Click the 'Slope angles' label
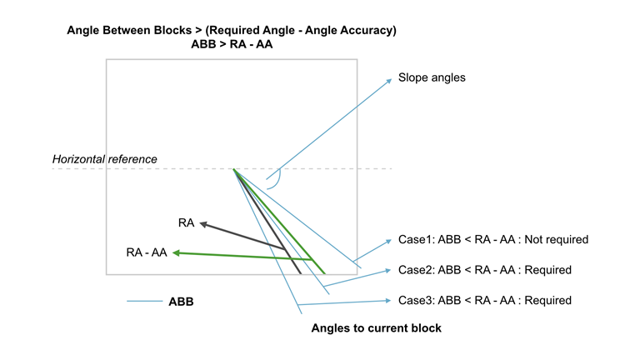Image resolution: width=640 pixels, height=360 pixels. coord(432,77)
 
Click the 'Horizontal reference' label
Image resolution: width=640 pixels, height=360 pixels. coord(104,159)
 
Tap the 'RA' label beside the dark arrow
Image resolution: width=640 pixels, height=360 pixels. coord(186,222)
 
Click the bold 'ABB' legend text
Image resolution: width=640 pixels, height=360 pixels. coord(181,302)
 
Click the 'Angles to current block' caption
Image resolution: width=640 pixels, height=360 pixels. coord(376,328)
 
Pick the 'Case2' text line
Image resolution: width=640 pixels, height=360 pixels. coord(484,270)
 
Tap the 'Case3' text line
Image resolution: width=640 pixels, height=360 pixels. coord(484,300)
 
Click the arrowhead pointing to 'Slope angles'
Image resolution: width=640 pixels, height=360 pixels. coord(389,81)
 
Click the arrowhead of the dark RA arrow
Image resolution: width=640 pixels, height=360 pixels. coord(201,223)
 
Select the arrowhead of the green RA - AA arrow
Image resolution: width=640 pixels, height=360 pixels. coord(177,254)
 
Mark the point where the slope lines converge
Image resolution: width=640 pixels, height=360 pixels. coord(234,169)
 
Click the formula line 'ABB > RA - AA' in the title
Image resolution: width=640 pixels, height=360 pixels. coord(232,45)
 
